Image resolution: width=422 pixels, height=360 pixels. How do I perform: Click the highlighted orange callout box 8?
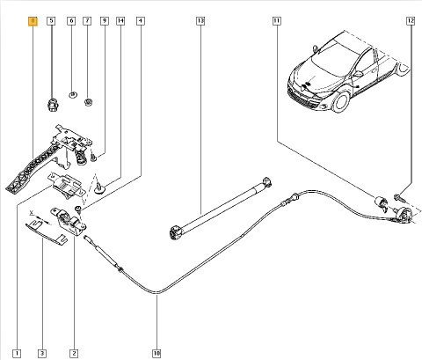coord(33,21)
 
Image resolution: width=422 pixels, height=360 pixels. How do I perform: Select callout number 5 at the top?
coord(51,21)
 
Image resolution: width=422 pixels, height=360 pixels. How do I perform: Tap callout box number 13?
coord(200,21)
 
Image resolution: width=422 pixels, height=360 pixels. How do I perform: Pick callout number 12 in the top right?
coord(411,21)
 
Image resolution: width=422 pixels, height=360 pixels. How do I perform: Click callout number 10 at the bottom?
coord(156,353)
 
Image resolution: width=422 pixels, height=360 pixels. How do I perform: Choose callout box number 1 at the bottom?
coord(17,353)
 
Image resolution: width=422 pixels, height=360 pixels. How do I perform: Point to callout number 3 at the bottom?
coord(42,353)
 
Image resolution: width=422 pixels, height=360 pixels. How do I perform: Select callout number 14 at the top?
coord(120,21)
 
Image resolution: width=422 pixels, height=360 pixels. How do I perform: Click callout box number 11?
coord(276,21)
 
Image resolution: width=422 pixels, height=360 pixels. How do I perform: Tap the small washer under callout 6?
coord(73,94)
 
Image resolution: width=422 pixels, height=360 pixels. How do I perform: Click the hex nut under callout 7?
coord(88,102)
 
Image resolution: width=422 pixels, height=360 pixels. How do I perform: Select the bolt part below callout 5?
coord(52,105)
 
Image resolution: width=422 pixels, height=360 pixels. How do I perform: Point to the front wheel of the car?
coord(340,100)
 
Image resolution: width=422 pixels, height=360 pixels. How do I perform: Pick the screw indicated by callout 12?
coord(399,197)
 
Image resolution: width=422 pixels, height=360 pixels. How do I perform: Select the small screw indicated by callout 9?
coord(93,158)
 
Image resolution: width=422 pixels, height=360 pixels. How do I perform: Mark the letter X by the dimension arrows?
coord(32,212)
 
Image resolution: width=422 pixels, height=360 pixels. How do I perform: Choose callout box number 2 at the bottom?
coord(74,353)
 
